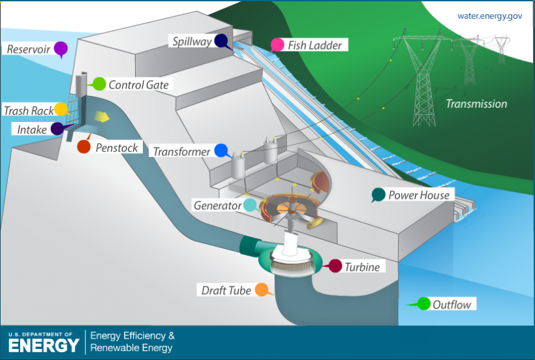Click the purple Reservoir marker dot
point(61,48)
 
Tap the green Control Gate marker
point(99,83)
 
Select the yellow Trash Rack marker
point(61,110)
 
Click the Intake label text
point(32,130)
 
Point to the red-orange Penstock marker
point(84,147)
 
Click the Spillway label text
point(192,42)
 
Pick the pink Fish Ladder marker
point(277,45)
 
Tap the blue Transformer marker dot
point(221,151)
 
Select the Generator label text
point(217,205)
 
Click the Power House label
point(419,195)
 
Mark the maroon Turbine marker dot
point(335,265)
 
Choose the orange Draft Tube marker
point(261,290)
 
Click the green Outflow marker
point(423,303)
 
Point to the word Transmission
point(476,104)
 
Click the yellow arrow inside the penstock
point(102,117)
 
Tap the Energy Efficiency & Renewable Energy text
point(132,342)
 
